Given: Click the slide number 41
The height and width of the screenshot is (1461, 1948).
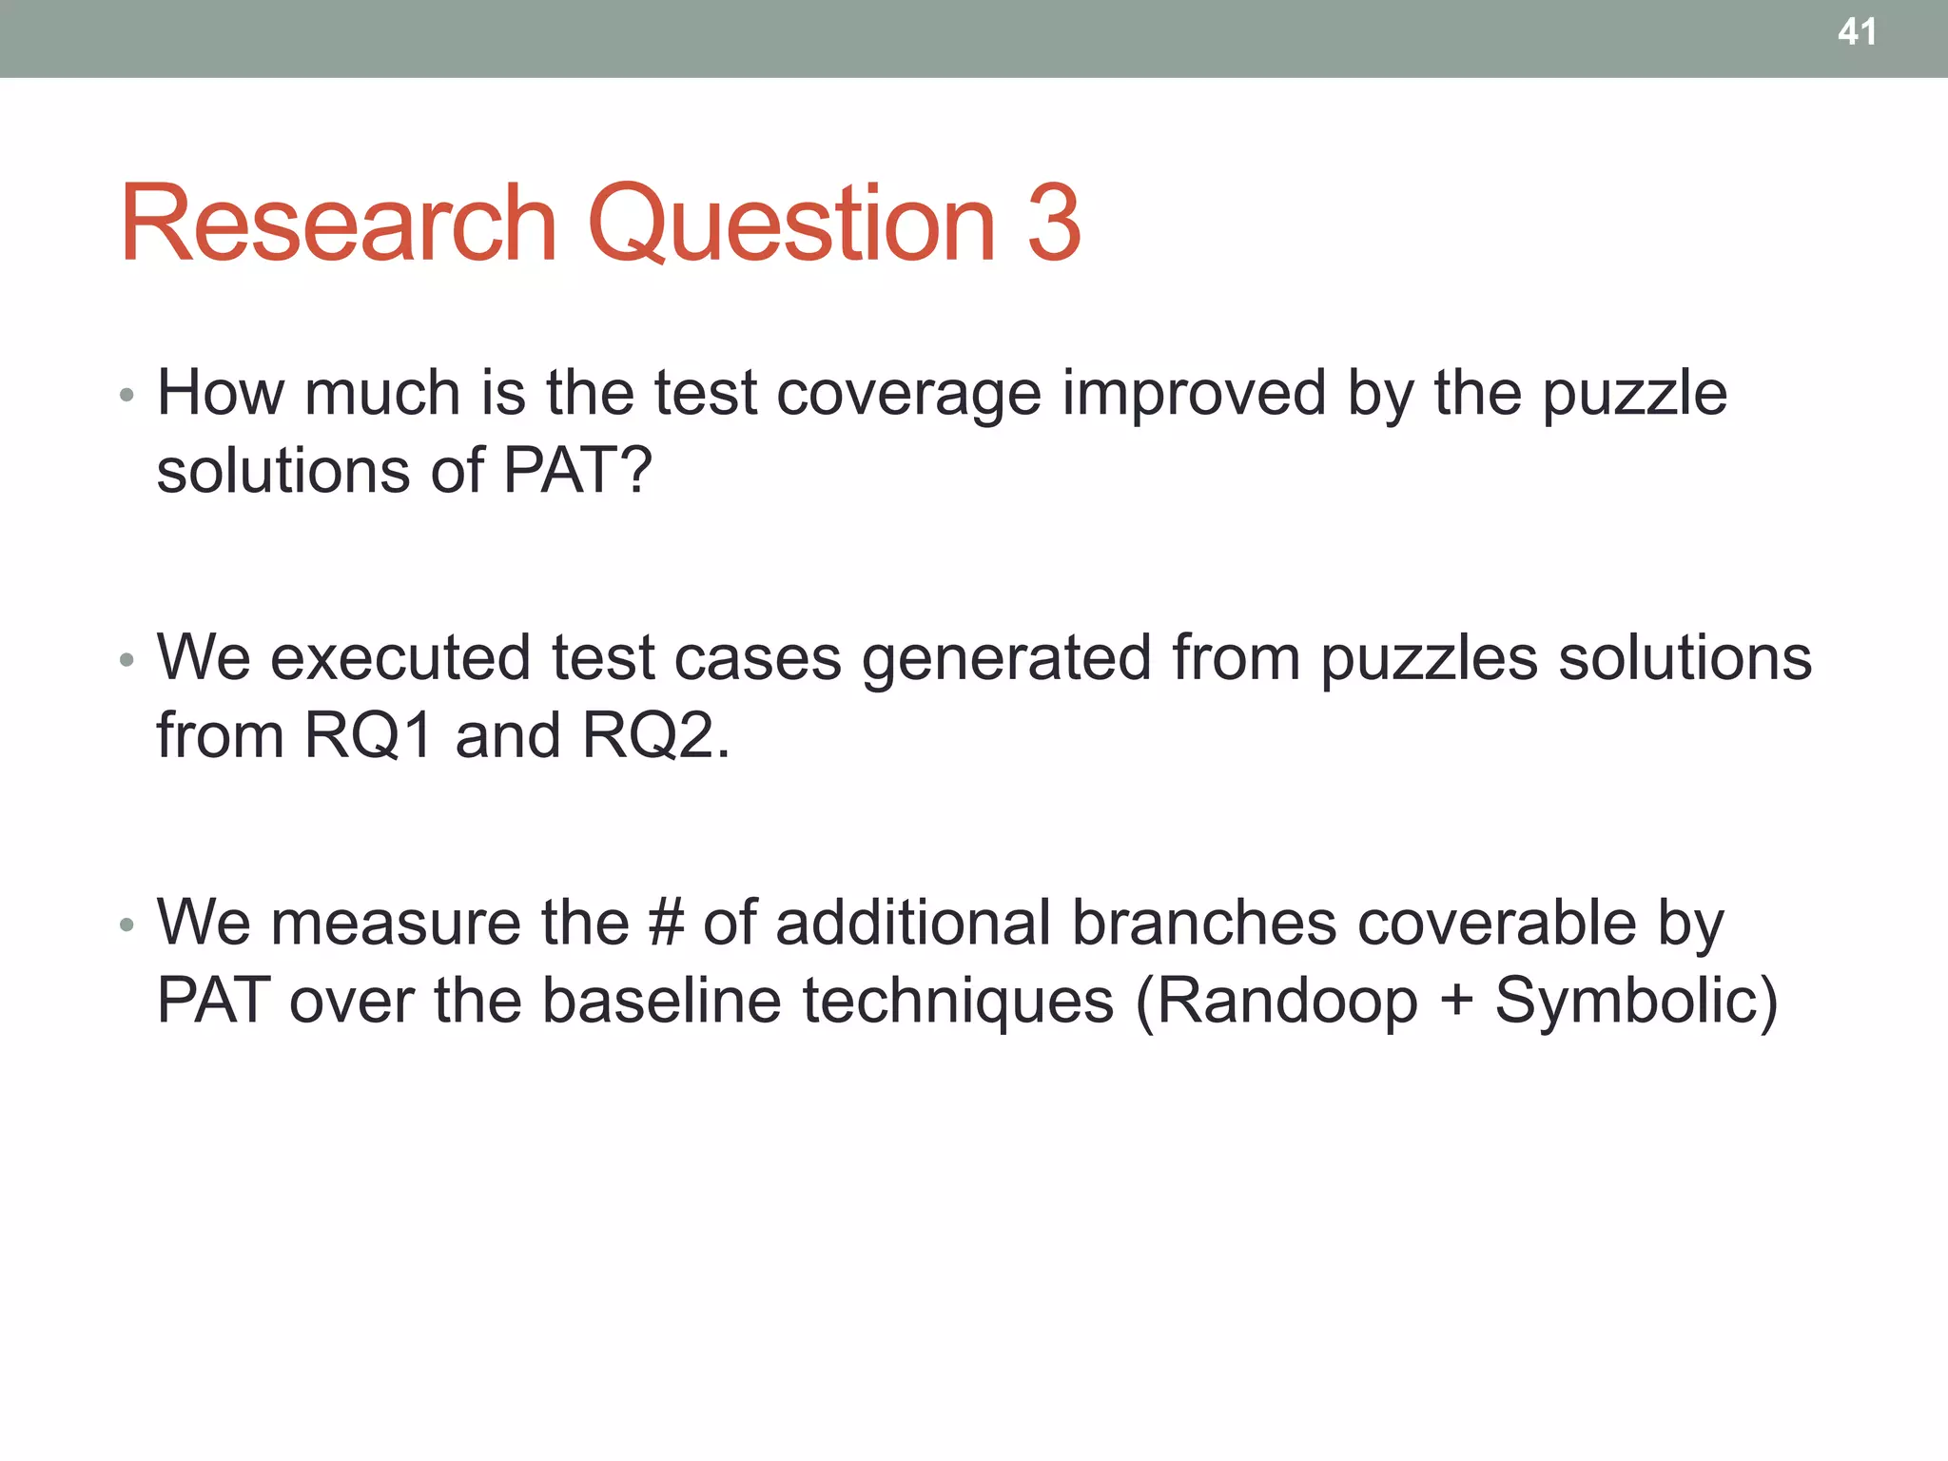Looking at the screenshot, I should point(1857,32).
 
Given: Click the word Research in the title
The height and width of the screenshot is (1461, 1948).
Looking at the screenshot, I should point(338,224).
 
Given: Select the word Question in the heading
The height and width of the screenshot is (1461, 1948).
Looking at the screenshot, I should point(791,224).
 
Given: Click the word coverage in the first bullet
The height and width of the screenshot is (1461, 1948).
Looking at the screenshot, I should point(908,394).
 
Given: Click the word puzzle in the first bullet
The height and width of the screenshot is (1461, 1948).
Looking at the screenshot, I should point(1634,394).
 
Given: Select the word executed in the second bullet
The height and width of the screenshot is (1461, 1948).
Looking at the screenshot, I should point(400,658).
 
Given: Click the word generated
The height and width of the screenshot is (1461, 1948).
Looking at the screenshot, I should point(1005,658).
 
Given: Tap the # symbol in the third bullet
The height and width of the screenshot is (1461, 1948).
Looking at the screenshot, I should point(665,923).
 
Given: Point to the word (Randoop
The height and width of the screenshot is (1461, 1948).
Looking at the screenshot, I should point(1276,1001).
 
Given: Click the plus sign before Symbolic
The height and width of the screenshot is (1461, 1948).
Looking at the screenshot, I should point(1456,1003).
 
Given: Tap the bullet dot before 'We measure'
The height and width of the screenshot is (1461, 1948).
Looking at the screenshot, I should point(127,925).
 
